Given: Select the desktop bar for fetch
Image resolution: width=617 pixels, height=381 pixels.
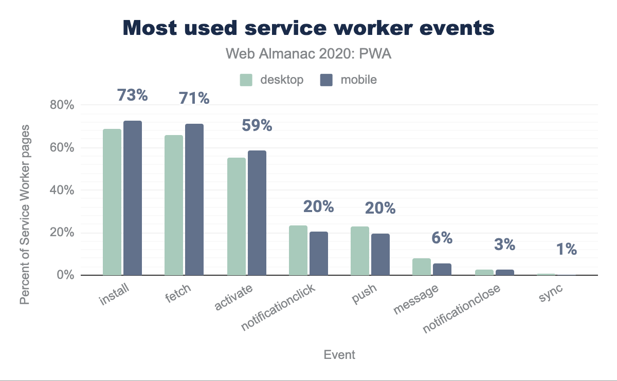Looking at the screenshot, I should click(174, 205).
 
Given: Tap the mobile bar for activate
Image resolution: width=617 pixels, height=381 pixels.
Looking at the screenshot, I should click(257, 213).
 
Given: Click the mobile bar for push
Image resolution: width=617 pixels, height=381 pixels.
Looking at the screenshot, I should click(380, 254).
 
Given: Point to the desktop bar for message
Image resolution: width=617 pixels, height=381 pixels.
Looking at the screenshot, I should click(422, 266).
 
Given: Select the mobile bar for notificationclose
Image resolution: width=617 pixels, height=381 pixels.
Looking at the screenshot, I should click(505, 272).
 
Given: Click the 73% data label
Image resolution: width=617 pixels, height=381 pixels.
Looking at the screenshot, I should click(132, 95).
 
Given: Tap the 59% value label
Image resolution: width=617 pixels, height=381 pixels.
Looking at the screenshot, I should click(257, 125).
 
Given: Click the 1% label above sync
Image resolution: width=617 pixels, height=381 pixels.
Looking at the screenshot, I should click(566, 250).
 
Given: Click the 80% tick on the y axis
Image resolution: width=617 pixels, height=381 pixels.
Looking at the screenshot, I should click(62, 105).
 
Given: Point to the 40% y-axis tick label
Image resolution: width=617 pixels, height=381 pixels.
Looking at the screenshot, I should click(62, 190).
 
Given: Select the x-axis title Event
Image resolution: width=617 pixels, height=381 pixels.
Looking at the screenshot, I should click(339, 355).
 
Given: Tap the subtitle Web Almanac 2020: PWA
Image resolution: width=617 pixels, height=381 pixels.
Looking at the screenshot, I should click(308, 54).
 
